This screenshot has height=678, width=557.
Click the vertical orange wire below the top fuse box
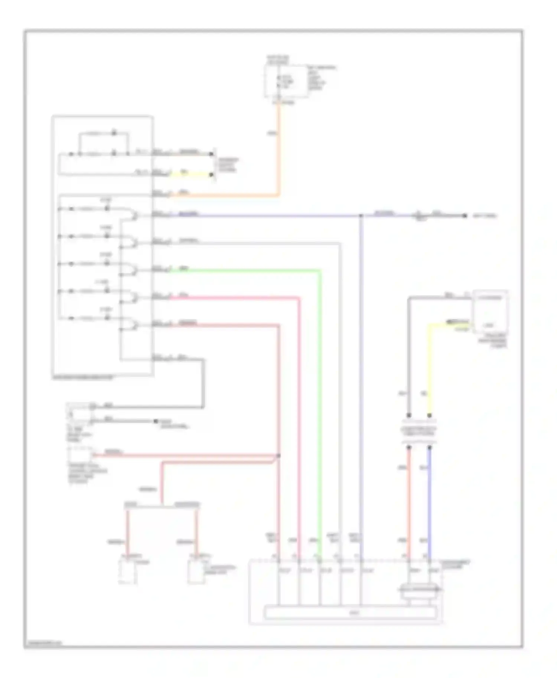coord(278,148)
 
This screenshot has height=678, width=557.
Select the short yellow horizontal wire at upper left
coord(191,174)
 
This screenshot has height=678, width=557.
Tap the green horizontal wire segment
coord(245,270)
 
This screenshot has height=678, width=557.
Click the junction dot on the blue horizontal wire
coord(361,215)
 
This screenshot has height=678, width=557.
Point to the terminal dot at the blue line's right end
coord(465,215)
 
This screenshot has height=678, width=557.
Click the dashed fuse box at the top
coord(286,82)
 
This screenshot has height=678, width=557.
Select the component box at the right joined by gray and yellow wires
coord(489,312)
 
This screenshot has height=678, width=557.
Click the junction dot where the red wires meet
coord(278,455)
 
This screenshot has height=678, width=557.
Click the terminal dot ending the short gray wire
coord(156,421)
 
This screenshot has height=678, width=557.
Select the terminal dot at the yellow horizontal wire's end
coord(212,174)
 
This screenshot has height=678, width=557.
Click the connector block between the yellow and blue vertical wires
coord(419,431)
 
